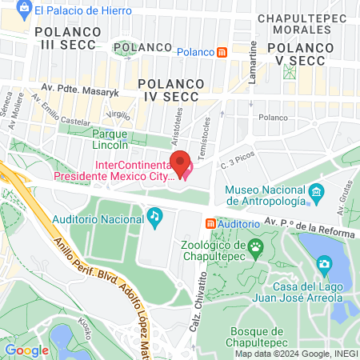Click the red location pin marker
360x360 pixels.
181,163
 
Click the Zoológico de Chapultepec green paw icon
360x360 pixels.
255,246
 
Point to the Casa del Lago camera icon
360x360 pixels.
324,263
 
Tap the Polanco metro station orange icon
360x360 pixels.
222,52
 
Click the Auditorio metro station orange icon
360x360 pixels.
210,223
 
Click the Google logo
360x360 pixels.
26,350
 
